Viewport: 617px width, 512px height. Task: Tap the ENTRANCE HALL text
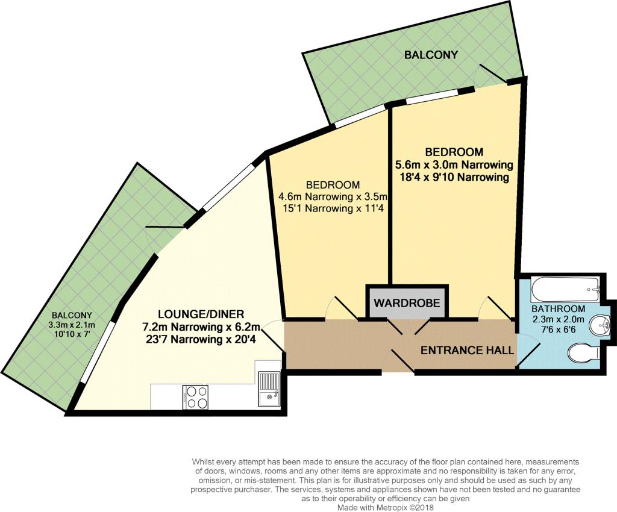[x=467, y=350]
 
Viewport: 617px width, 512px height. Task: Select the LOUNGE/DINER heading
[x=201, y=314]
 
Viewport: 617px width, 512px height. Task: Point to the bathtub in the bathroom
[x=565, y=290]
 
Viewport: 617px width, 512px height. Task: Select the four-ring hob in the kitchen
[x=195, y=397]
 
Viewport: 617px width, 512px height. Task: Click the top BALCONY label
[x=431, y=55]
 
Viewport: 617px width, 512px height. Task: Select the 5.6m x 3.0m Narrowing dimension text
[x=454, y=164]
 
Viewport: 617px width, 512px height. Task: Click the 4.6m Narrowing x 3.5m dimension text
[x=332, y=196]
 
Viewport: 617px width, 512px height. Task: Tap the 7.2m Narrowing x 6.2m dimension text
[x=201, y=327]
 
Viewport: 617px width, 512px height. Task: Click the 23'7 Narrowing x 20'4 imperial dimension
[x=201, y=340]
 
